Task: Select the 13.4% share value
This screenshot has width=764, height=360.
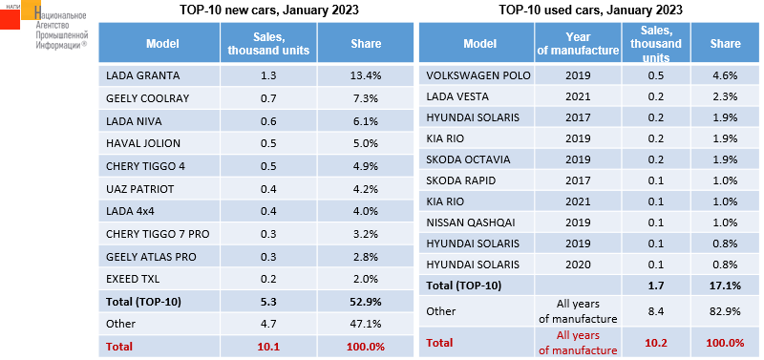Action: (366, 76)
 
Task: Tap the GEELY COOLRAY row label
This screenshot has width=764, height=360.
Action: (147, 98)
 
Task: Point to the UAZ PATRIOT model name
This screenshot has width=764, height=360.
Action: (139, 189)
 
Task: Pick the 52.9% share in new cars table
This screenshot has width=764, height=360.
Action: (366, 302)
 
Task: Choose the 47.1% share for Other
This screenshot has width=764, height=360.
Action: (366, 324)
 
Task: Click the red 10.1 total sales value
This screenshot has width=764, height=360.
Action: (268, 347)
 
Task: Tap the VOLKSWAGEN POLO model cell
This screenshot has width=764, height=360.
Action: (478, 76)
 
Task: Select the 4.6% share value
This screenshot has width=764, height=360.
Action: (725, 76)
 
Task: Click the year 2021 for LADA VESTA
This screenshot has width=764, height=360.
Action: (579, 97)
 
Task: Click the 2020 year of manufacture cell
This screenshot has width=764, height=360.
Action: (579, 265)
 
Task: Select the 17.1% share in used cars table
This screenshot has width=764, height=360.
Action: (725, 286)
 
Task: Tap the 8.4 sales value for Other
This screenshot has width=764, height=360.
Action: (656, 311)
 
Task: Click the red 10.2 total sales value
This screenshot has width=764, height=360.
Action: (656, 343)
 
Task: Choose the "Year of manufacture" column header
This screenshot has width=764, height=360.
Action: (579, 43)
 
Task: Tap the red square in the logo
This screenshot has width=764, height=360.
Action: (10, 19)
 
